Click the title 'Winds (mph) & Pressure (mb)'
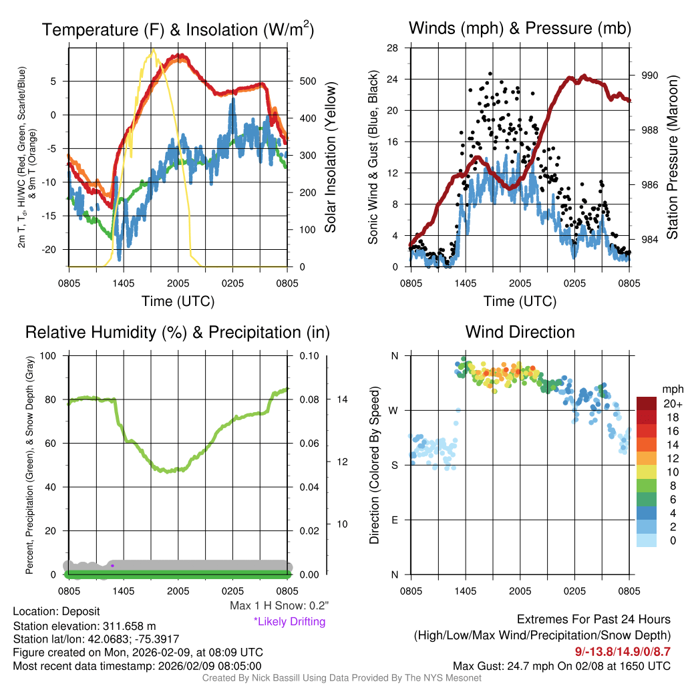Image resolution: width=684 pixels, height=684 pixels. pos(520,28)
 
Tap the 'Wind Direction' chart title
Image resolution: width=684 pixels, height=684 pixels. pos(520,331)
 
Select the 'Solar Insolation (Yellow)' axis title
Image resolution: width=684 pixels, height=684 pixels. pos(331,157)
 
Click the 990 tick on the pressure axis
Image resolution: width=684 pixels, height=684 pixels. pos(651,76)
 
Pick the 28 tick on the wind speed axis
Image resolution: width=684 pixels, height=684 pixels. pos(393,47)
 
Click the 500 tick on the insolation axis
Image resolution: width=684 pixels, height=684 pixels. pos(308,81)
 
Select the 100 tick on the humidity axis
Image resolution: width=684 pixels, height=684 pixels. pos(49,355)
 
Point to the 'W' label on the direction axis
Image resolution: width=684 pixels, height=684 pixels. pos(394,410)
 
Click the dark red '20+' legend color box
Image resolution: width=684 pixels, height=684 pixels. pos(647,403)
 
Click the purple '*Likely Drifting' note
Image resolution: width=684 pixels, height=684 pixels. pos(289,621)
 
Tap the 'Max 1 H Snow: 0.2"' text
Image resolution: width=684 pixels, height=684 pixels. pos(279,605)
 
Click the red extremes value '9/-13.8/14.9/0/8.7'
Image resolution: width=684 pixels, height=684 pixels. pos(623,651)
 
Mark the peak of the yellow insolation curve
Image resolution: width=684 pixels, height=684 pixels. pos(153,49)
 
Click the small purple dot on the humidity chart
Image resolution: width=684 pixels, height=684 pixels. pos(112,566)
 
